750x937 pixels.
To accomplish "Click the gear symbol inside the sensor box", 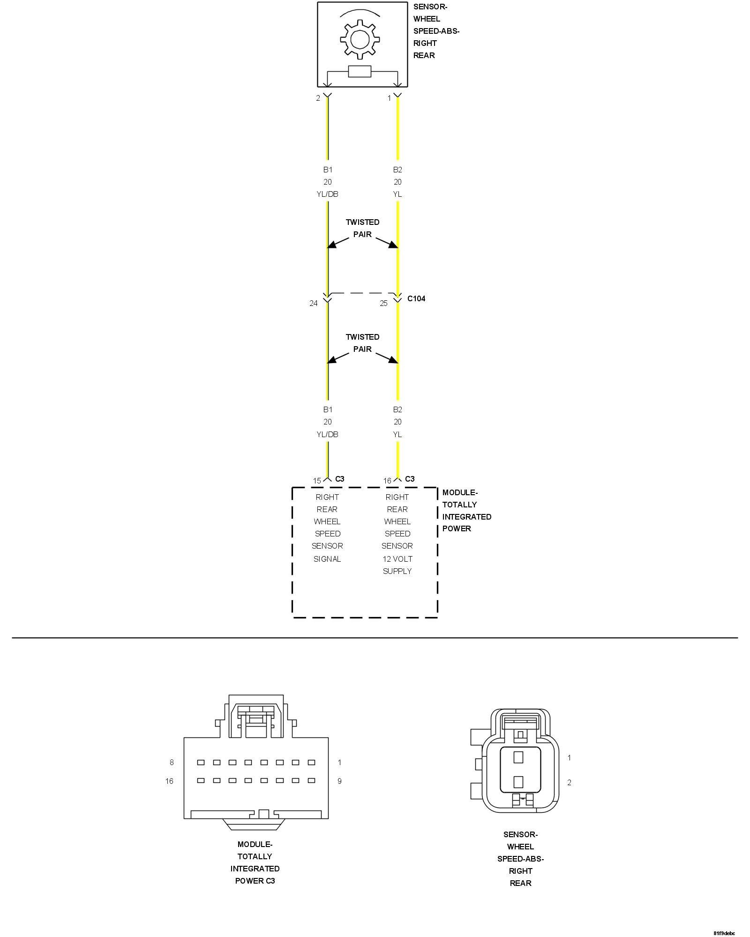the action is click(x=360, y=39).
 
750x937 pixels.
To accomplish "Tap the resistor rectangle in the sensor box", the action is click(x=360, y=72).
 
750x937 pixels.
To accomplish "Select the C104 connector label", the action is click(x=416, y=298).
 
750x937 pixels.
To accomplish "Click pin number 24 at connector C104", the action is click(x=314, y=303).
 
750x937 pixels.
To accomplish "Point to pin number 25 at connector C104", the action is click(x=383, y=303).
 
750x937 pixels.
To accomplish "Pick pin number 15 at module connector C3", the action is click(x=317, y=481).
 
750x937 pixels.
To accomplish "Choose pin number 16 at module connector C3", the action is click(x=387, y=481).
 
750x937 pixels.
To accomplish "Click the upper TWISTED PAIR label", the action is click(x=362, y=228).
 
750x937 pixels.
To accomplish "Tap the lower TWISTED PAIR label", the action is click(x=362, y=343).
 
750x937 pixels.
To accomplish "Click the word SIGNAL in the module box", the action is click(x=327, y=559).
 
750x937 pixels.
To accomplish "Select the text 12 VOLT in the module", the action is click(x=397, y=559).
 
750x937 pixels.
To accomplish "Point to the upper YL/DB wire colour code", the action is click(x=327, y=194).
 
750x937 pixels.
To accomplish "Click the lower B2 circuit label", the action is click(x=397, y=409).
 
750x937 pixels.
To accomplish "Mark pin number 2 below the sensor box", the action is click(x=318, y=98).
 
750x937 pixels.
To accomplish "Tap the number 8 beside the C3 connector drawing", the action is click(x=172, y=762).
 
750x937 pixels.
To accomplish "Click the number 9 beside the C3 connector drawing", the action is click(x=339, y=781).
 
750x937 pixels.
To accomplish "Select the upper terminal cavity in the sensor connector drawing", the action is click(x=518, y=757).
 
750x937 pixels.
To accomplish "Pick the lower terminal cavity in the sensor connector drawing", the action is click(x=518, y=781).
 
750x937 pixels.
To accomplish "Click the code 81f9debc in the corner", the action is click(x=724, y=933).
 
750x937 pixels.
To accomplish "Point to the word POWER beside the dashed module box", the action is click(x=457, y=528).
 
